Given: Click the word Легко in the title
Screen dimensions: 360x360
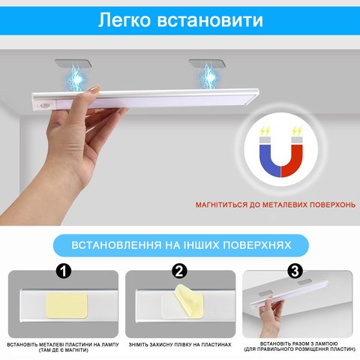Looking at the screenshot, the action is coord(124,19).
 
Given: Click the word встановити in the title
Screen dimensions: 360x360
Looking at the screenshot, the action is coord(210,20).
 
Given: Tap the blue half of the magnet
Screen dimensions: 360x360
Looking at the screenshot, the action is coord(269,160).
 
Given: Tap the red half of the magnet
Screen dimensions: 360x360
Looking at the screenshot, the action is coord(293,160).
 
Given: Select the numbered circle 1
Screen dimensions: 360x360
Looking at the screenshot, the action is coord(64,271).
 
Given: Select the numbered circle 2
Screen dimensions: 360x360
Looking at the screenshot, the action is coord(180,271).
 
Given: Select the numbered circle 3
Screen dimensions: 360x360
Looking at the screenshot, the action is coord(295,271).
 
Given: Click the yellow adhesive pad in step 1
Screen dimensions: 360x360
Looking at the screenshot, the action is coord(67,305).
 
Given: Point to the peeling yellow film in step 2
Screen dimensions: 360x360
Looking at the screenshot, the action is coord(189,301).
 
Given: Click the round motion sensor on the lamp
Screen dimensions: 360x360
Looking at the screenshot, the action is coord(44,105).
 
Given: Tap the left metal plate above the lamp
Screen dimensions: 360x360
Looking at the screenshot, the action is coord(73,64).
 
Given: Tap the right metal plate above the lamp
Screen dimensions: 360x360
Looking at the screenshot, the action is coord(207,64).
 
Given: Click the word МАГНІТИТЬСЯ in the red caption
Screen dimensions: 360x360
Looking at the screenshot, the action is coord(221,205).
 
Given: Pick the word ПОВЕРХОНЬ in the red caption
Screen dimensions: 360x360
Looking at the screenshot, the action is coord(332,205).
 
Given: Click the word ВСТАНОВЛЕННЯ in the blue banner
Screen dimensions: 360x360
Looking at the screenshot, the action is coord(116,245).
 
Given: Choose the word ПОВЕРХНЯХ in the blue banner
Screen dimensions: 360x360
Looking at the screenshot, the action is coord(256,245).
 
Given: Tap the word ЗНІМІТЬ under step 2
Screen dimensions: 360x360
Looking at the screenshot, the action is coord(139,345).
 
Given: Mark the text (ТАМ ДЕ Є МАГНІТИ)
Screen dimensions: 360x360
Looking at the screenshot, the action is coord(64,350).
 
